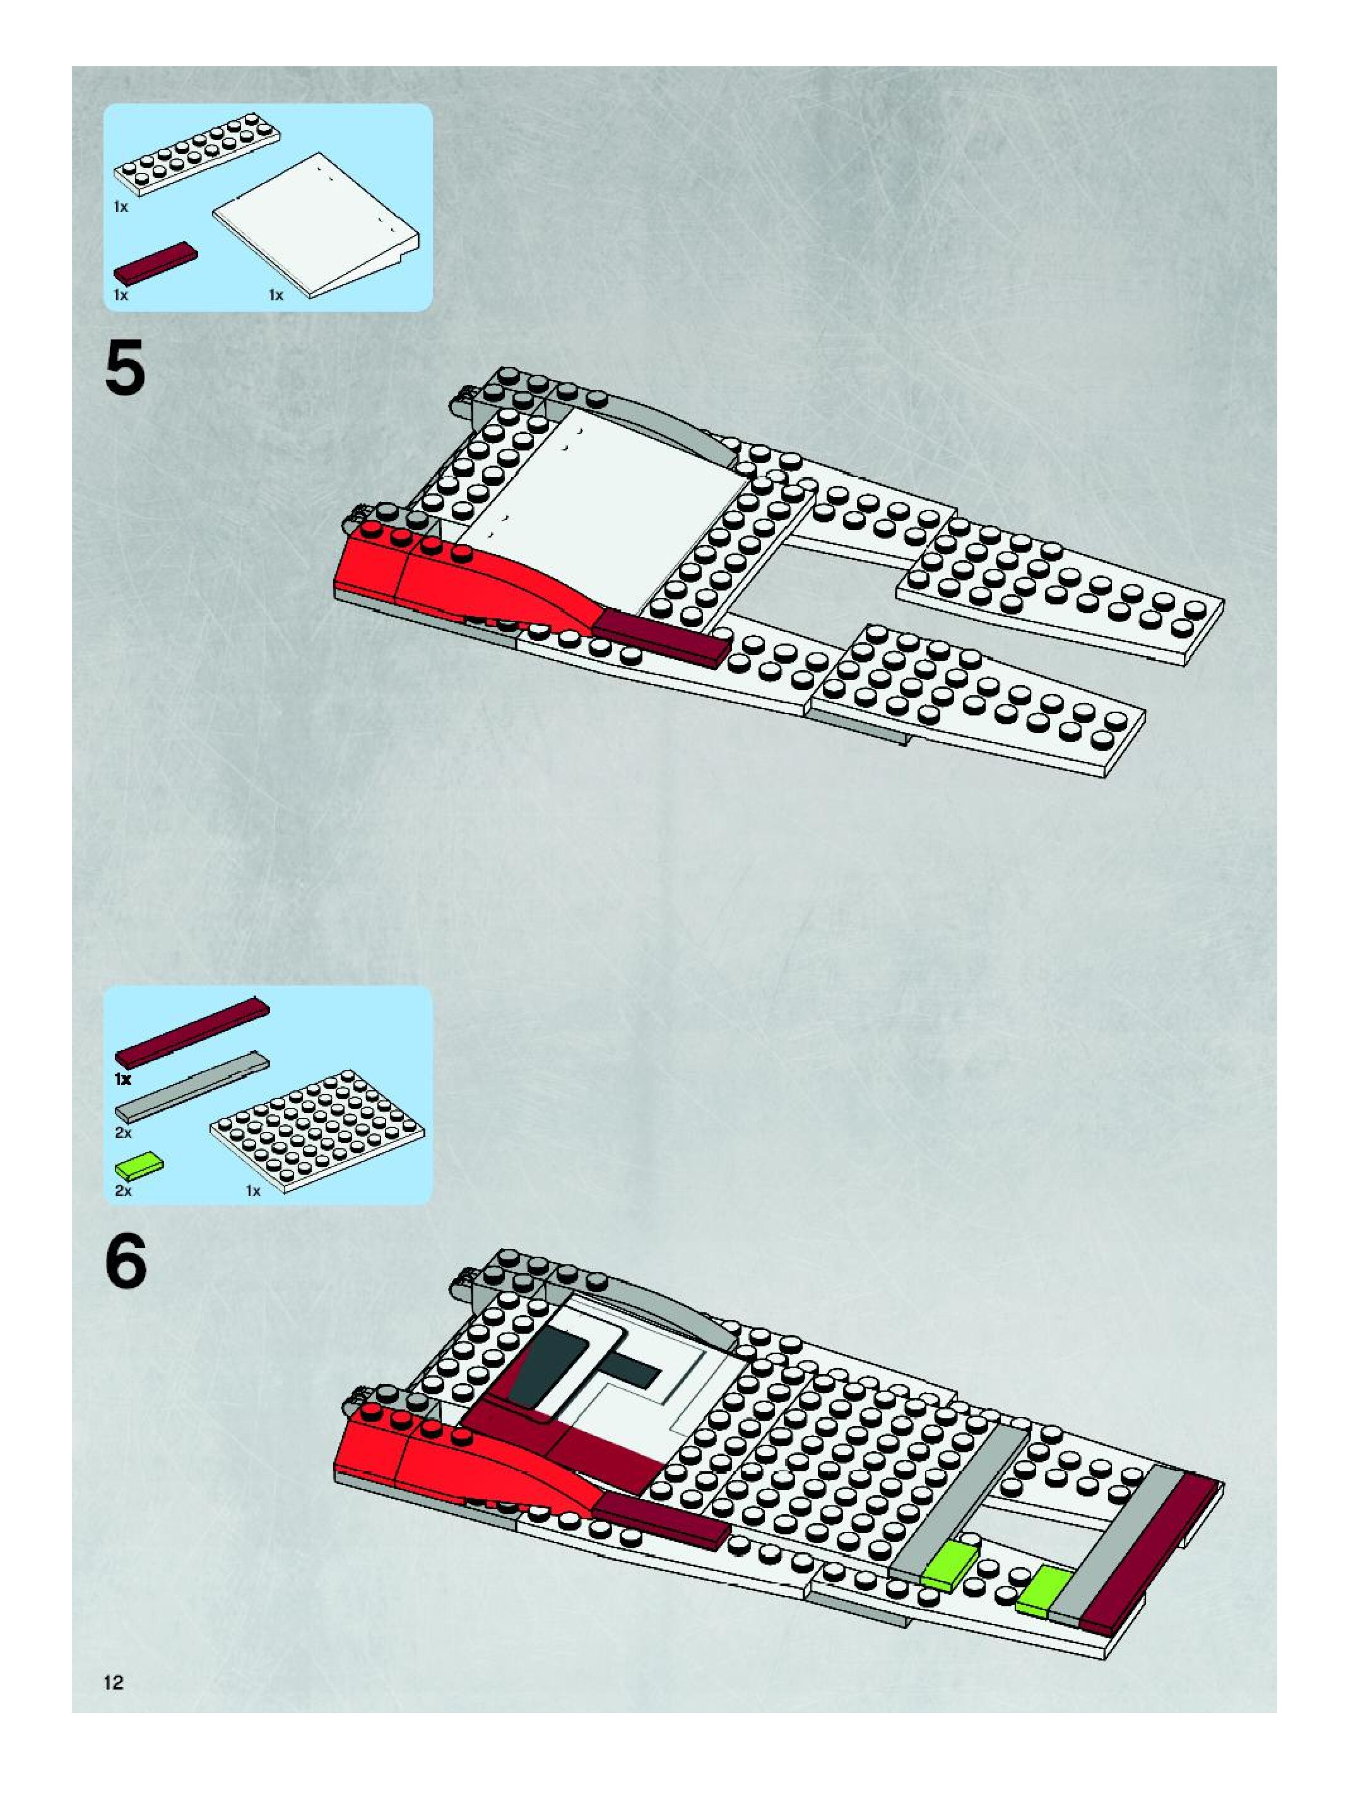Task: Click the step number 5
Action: coord(126,368)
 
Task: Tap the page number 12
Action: coord(114,1682)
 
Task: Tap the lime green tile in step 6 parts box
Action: coord(139,1167)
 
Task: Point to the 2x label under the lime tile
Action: coord(123,1190)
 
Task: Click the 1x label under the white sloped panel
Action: coord(276,296)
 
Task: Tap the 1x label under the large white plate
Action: coord(254,1190)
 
